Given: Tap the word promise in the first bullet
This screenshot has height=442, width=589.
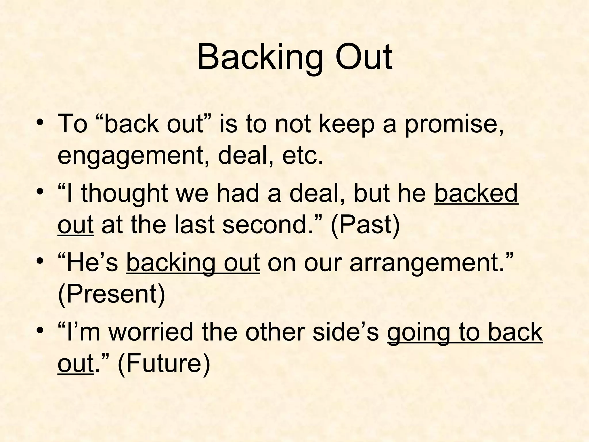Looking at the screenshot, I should click(x=454, y=124).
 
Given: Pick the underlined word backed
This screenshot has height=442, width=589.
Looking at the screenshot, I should click(x=476, y=193).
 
